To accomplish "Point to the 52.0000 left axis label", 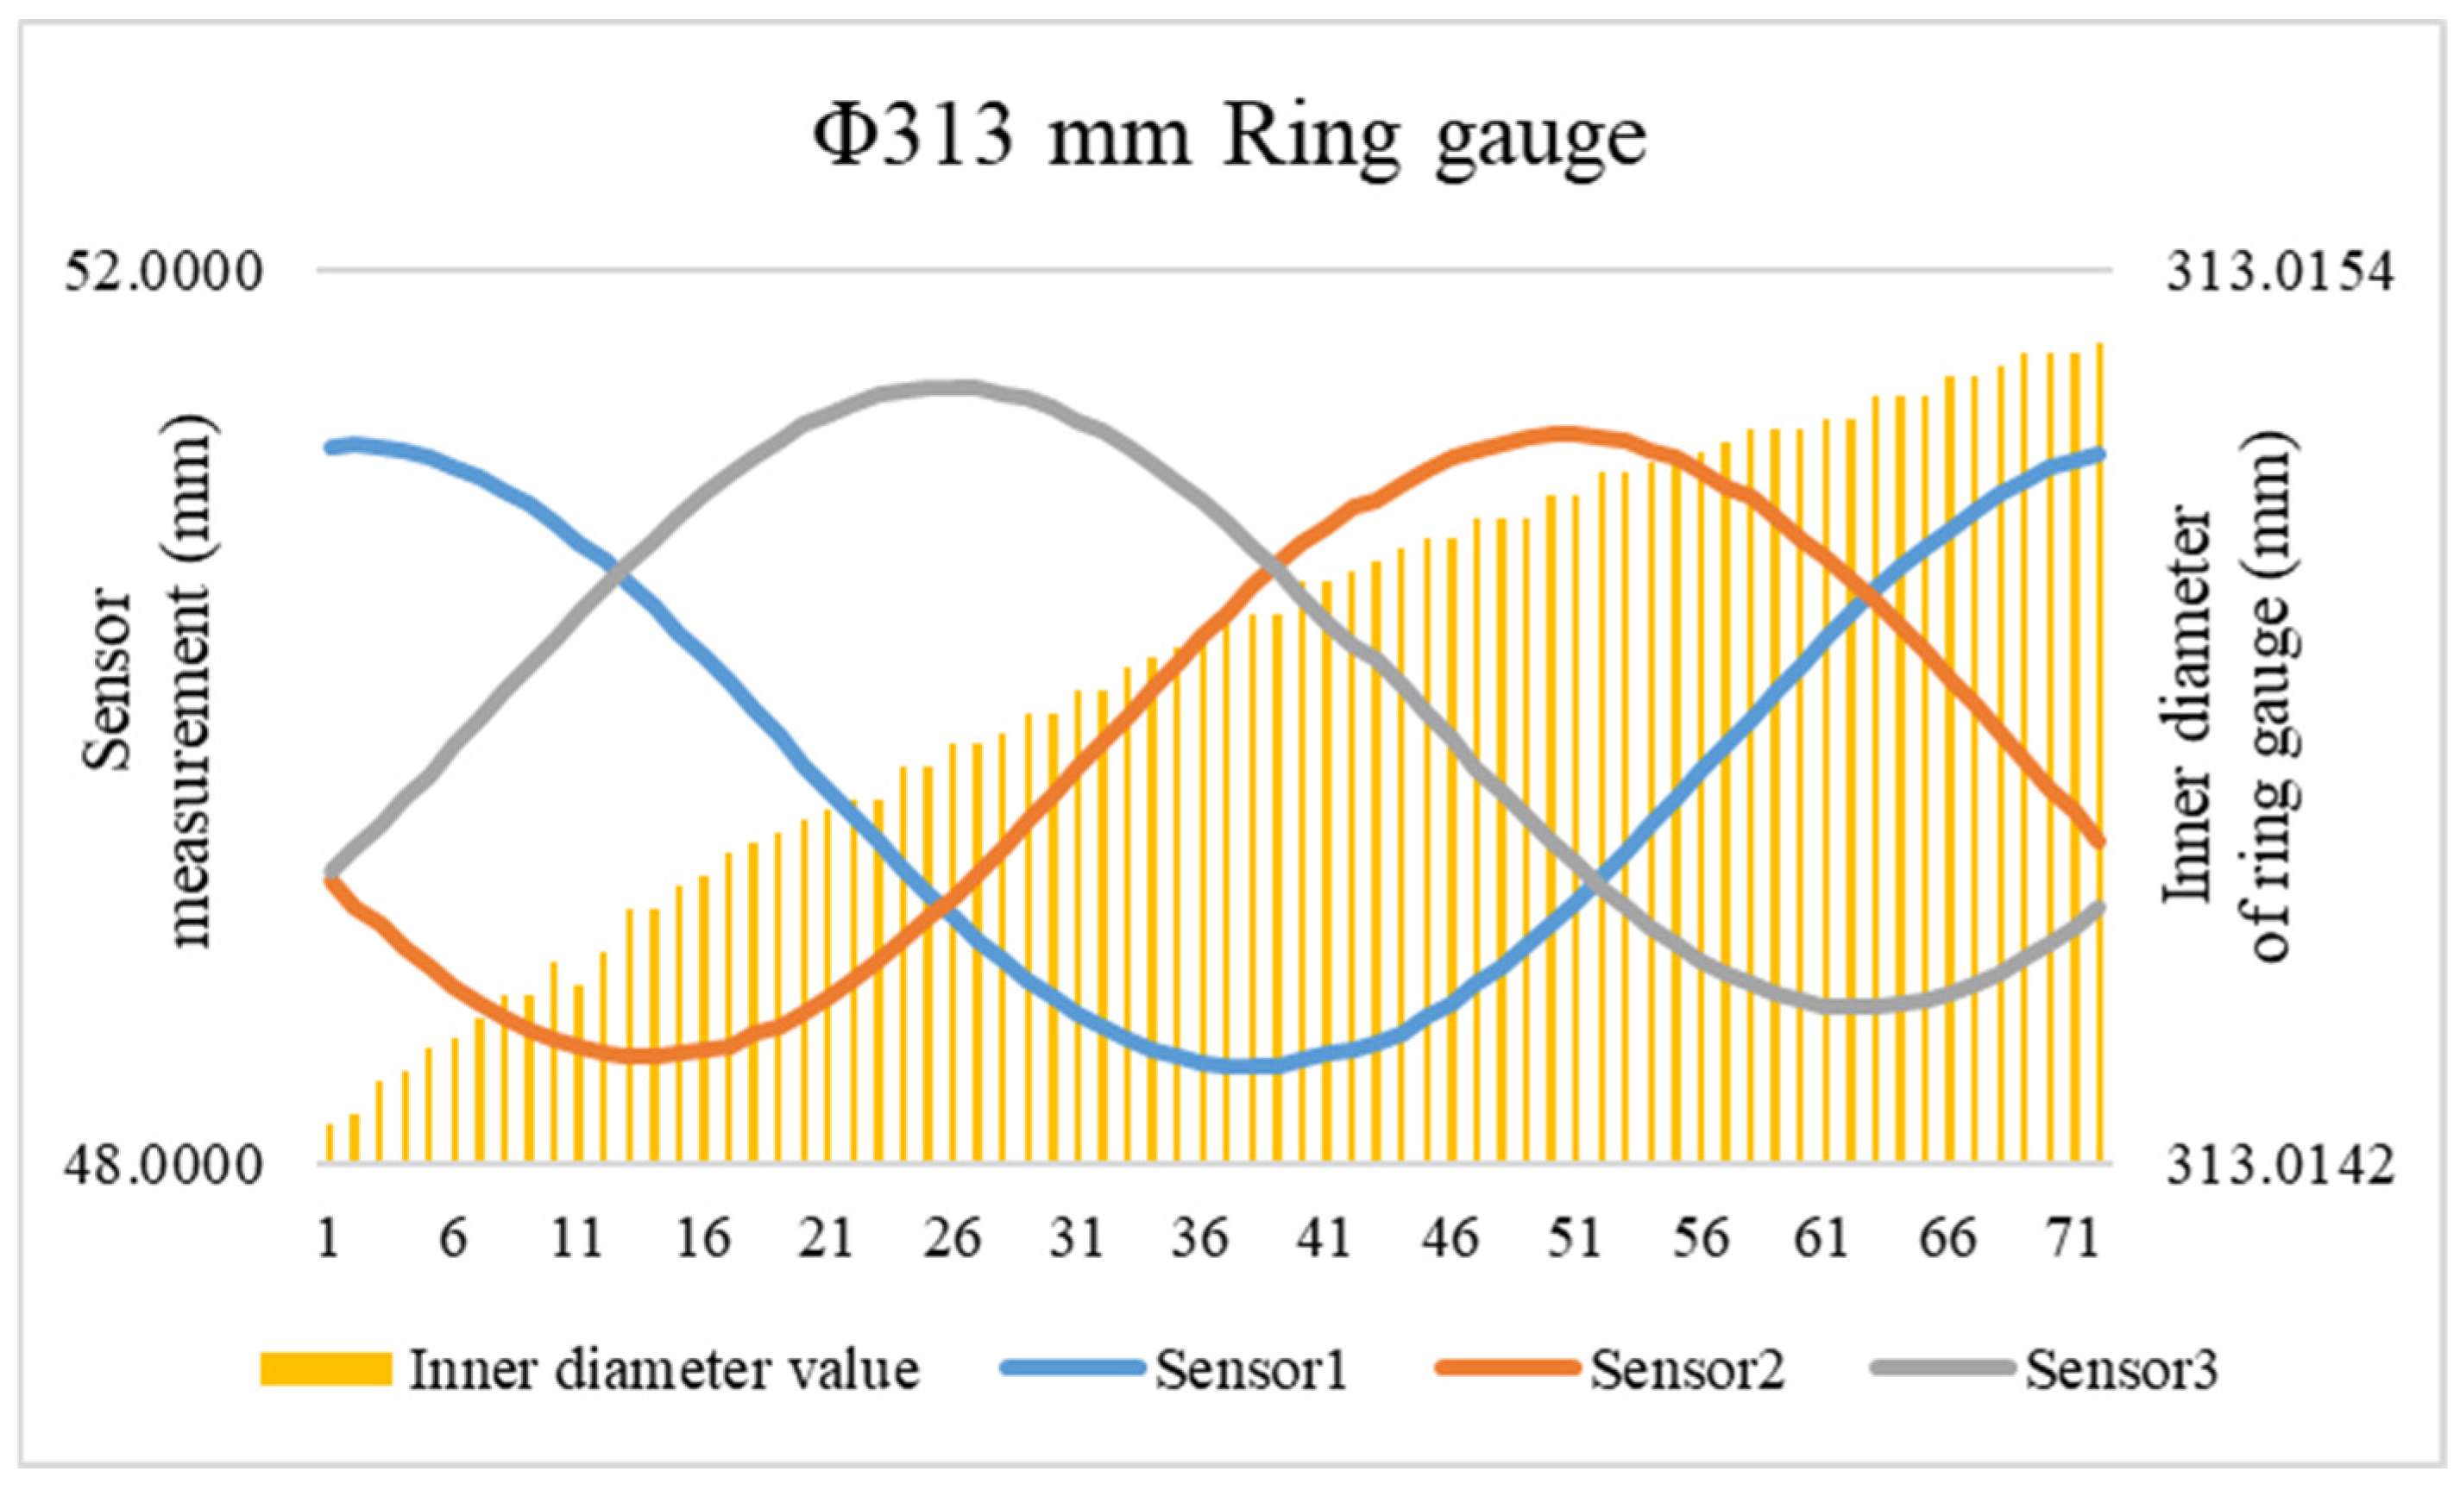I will (165, 272).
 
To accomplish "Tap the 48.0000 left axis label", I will (165, 1166).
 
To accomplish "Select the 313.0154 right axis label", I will (2280, 272).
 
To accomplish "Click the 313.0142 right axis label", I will (2280, 1166).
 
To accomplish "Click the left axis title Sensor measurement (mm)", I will (150, 682).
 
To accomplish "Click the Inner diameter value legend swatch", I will (325, 1369).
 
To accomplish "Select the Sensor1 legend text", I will (1251, 1369).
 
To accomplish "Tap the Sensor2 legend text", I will (1686, 1369).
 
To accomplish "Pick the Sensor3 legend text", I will (2121, 1369).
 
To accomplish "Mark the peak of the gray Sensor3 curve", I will (953, 387).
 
